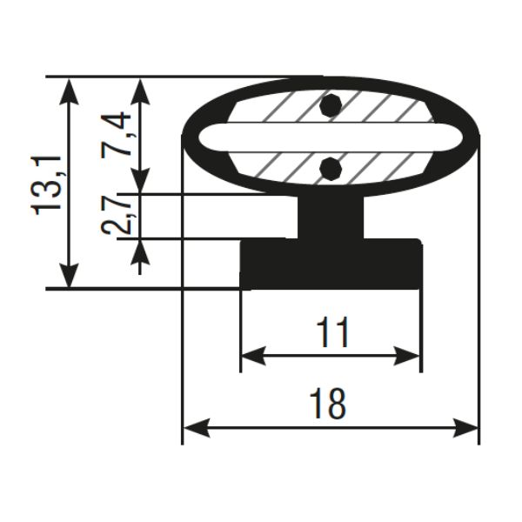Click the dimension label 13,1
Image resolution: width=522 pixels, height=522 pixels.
point(47,185)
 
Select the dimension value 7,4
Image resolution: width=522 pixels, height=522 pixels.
point(116,134)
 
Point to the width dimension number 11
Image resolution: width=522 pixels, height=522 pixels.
point(333,331)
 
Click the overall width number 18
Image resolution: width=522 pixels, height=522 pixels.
point(328,404)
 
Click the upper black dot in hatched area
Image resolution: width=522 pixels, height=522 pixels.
point(331,105)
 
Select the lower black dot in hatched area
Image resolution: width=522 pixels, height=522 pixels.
point(331,169)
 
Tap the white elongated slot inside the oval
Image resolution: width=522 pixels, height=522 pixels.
point(317,137)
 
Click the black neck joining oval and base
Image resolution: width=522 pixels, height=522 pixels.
point(331,217)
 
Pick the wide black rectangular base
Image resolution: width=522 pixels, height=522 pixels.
point(331,264)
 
